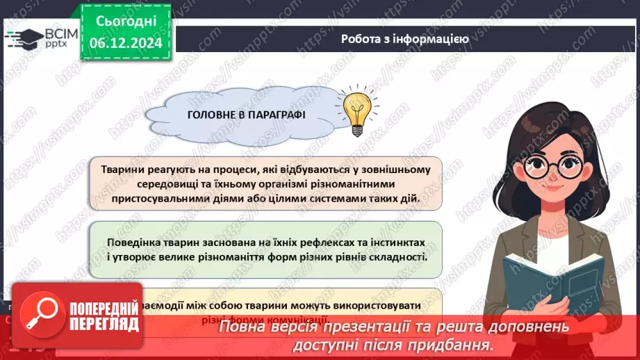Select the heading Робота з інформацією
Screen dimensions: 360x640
click(x=404, y=39)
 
